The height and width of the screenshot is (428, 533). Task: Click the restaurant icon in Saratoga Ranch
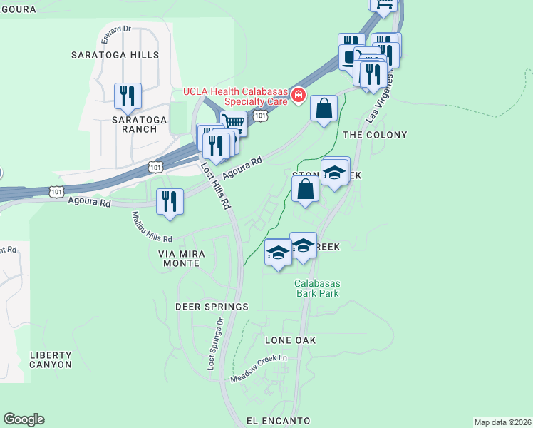[x=128, y=96]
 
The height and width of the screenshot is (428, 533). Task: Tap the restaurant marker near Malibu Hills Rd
[x=170, y=201]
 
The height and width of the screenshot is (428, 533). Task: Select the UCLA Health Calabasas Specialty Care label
[x=235, y=96]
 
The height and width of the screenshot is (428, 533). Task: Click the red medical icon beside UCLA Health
[x=298, y=96]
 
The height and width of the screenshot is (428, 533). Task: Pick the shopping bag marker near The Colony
[x=324, y=109]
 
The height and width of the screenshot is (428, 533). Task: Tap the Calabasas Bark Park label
[x=317, y=288]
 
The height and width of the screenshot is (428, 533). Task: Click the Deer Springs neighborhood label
[x=212, y=307]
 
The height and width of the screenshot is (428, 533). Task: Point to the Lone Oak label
[x=290, y=340]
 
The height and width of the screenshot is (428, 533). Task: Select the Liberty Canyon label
[x=51, y=360]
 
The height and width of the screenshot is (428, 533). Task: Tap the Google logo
[x=24, y=419]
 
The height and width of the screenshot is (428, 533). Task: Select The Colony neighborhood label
[x=375, y=135]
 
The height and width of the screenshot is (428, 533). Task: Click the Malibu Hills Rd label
[x=152, y=227]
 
